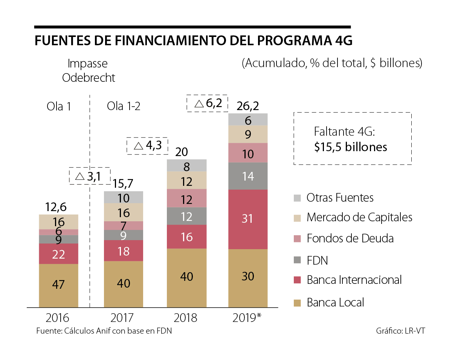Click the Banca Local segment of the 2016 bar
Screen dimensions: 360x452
click(x=58, y=285)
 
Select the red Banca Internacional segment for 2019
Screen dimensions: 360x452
click(x=248, y=219)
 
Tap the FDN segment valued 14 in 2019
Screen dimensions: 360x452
click(x=248, y=176)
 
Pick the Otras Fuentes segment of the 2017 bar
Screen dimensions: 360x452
click(x=124, y=198)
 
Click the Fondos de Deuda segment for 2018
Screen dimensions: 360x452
click(x=186, y=198)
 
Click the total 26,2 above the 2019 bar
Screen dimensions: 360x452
click(x=247, y=106)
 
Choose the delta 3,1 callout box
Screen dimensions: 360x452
click(x=89, y=176)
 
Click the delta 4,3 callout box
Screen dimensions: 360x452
click(x=147, y=146)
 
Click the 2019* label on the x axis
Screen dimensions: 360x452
click(x=247, y=318)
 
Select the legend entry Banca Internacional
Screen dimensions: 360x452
click(x=354, y=280)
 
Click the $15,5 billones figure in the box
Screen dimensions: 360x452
click(x=351, y=147)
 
